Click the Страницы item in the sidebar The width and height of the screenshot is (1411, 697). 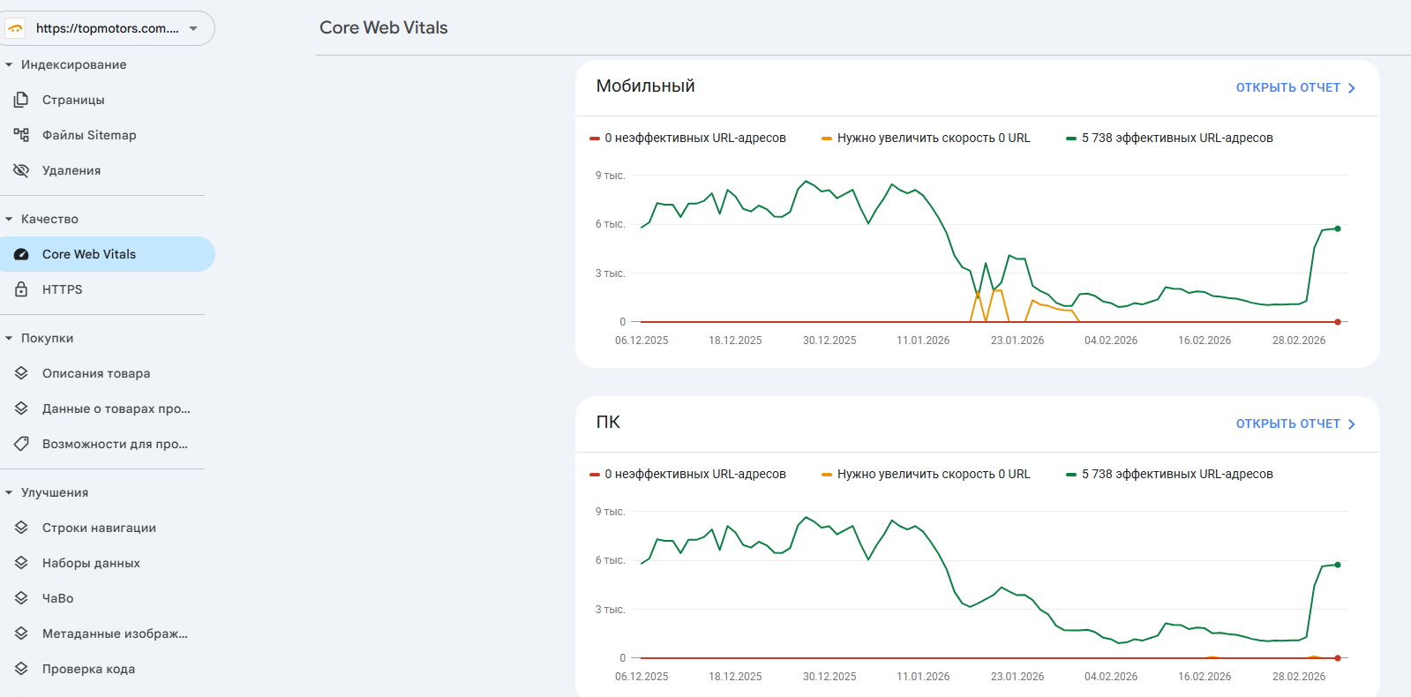[73, 100]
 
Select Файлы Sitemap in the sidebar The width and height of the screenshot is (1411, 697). [88, 135]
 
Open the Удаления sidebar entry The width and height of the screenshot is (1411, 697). [71, 170]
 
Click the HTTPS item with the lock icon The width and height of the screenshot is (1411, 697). [62, 289]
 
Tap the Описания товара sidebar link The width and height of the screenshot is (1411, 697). [95, 373]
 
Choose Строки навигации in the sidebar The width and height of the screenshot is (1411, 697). [99, 528]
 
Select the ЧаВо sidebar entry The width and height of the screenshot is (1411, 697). [57, 598]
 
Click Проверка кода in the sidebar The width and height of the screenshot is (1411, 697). [88, 669]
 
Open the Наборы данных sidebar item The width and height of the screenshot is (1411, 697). [91, 563]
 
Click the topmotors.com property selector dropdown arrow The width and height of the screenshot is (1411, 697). [193, 28]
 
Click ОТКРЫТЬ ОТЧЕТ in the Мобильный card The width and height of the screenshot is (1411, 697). [1295, 87]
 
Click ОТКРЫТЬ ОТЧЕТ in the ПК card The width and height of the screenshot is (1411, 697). [1295, 423]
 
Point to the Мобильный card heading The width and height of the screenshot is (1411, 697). [645, 86]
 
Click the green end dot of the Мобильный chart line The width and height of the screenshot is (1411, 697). [1338, 229]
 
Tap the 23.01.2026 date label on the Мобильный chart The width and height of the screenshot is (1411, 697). [1017, 341]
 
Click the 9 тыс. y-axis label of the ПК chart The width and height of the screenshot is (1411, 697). [610, 512]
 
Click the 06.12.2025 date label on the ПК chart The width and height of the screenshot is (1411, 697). [642, 677]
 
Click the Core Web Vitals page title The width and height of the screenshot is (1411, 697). [383, 27]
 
